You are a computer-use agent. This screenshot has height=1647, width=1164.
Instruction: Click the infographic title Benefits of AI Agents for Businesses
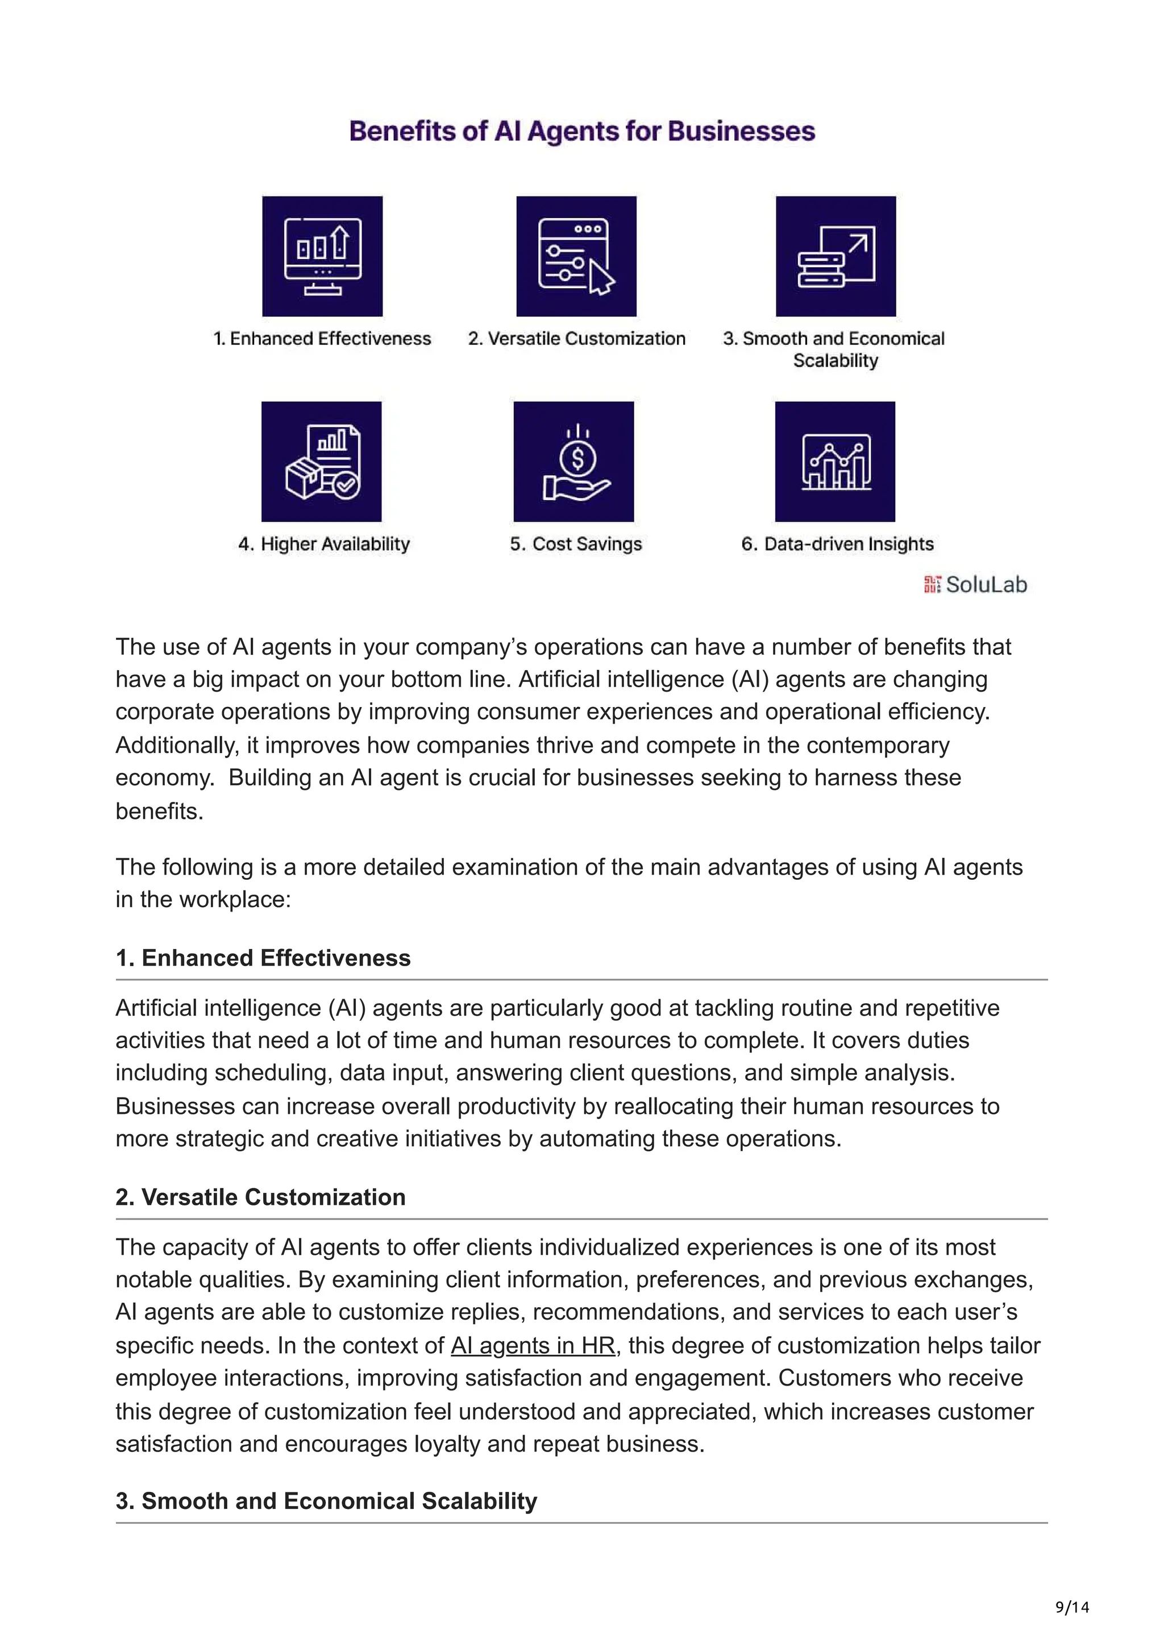point(581,131)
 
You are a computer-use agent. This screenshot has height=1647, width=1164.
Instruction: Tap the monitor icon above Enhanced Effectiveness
point(322,256)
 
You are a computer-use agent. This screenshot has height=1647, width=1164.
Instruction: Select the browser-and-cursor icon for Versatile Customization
point(576,256)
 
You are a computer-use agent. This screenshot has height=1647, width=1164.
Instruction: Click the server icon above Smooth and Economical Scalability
point(835,256)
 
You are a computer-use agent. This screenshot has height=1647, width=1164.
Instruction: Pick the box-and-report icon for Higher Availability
point(321,461)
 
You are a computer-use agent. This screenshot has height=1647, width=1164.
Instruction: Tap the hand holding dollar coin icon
point(573,461)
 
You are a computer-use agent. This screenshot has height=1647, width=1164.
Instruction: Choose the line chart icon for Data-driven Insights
point(835,461)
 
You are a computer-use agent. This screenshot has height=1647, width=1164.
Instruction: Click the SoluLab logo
point(975,585)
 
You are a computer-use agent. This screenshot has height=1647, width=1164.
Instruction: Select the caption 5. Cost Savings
point(576,544)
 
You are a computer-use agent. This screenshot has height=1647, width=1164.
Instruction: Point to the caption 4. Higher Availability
point(324,544)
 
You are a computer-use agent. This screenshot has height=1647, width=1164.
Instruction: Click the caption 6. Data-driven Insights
point(837,544)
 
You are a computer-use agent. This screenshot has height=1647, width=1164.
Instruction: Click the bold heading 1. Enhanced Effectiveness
point(263,958)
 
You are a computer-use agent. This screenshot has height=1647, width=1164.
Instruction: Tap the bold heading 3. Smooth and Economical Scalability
point(326,1501)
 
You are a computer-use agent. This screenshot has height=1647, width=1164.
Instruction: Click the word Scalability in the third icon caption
point(835,360)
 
